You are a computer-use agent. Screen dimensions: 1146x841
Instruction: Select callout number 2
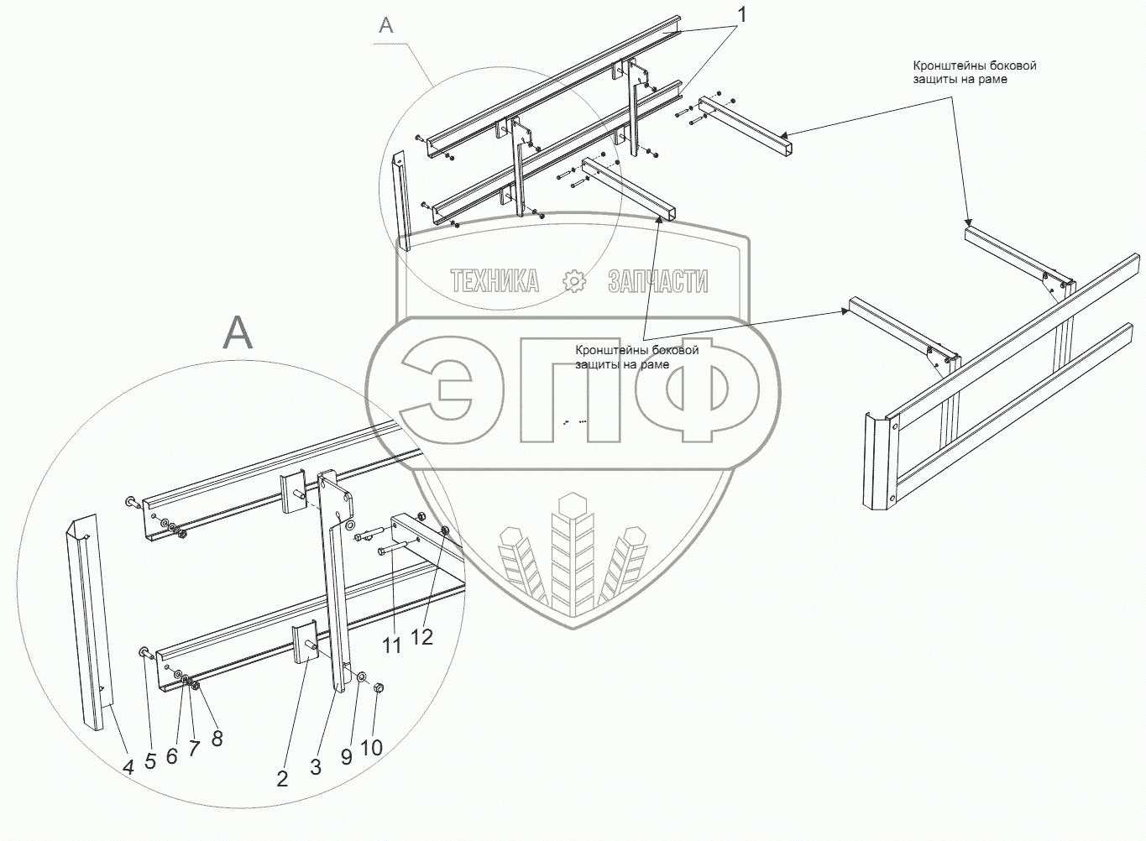tap(282, 779)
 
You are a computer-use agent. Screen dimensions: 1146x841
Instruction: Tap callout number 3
tap(316, 766)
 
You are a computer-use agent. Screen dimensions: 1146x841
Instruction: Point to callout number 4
tap(128, 766)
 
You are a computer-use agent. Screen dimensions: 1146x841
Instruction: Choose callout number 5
tap(150, 761)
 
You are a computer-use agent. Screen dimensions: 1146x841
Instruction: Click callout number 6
tap(172, 755)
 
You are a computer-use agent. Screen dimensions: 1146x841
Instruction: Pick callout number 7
tap(194, 747)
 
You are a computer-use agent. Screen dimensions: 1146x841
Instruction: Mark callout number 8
tap(217, 739)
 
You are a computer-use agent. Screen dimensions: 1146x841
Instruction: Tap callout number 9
tap(347, 755)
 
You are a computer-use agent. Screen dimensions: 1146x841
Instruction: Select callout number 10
tap(371, 747)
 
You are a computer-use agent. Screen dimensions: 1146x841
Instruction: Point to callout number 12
tap(421, 636)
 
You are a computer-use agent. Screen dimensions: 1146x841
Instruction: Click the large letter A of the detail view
tap(238, 333)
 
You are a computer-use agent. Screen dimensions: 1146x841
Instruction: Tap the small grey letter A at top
tap(385, 25)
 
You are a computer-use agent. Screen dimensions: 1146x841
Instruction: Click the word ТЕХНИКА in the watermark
tap(495, 281)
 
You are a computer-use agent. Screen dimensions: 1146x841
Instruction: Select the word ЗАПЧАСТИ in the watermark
tap(657, 281)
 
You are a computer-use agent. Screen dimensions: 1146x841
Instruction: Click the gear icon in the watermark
tap(574, 281)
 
